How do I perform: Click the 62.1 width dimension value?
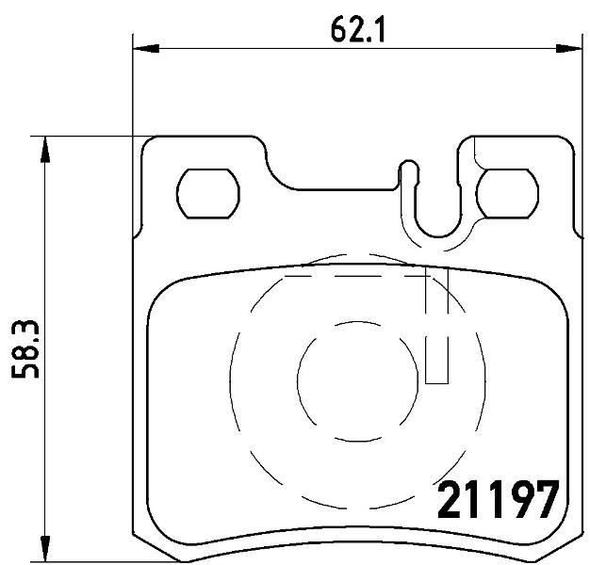358,30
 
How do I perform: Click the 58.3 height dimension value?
25,349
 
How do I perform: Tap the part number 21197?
499,500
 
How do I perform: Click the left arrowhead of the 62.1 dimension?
146,48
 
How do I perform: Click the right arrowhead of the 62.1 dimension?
569,48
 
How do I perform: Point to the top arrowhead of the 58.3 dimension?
45,149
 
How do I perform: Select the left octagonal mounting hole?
208,194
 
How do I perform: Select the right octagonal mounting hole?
507,194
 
